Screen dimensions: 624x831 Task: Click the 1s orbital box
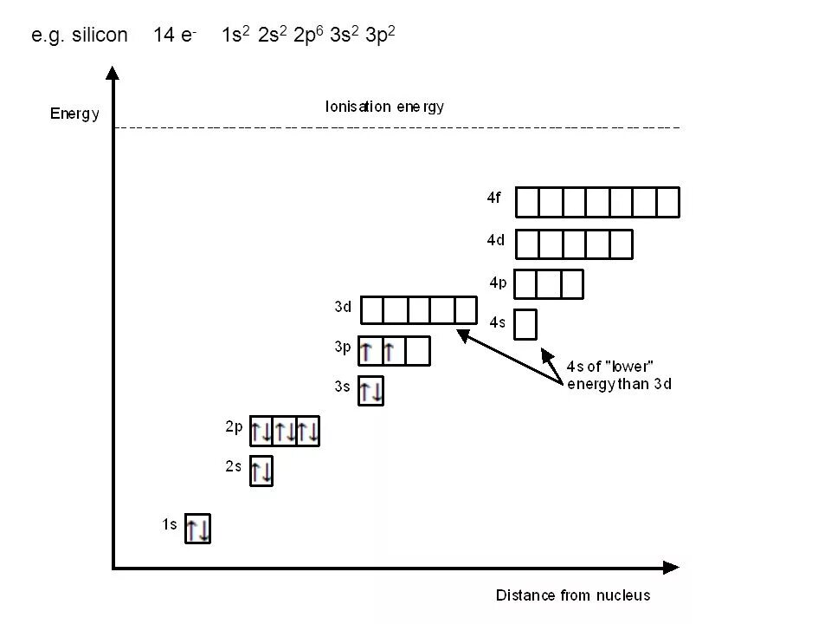197,529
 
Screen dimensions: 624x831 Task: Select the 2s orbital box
261,471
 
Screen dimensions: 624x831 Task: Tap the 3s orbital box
370,391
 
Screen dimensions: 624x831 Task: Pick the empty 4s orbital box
525,324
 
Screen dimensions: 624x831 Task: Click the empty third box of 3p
417,351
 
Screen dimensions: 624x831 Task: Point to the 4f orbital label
493,198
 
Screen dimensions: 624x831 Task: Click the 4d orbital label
495,240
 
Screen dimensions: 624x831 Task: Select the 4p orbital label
498,282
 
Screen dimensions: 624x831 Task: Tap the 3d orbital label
343,306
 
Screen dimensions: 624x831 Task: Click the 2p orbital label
234,426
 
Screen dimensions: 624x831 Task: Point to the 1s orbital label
170,523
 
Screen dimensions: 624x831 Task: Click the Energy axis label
74,114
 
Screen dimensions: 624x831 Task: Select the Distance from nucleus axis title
572,595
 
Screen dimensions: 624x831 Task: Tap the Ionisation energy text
384,107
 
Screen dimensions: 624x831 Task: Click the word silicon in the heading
99,36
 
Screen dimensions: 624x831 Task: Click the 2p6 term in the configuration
309,36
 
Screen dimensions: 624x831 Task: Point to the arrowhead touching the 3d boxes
463,334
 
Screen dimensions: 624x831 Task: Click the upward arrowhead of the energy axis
113,72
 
